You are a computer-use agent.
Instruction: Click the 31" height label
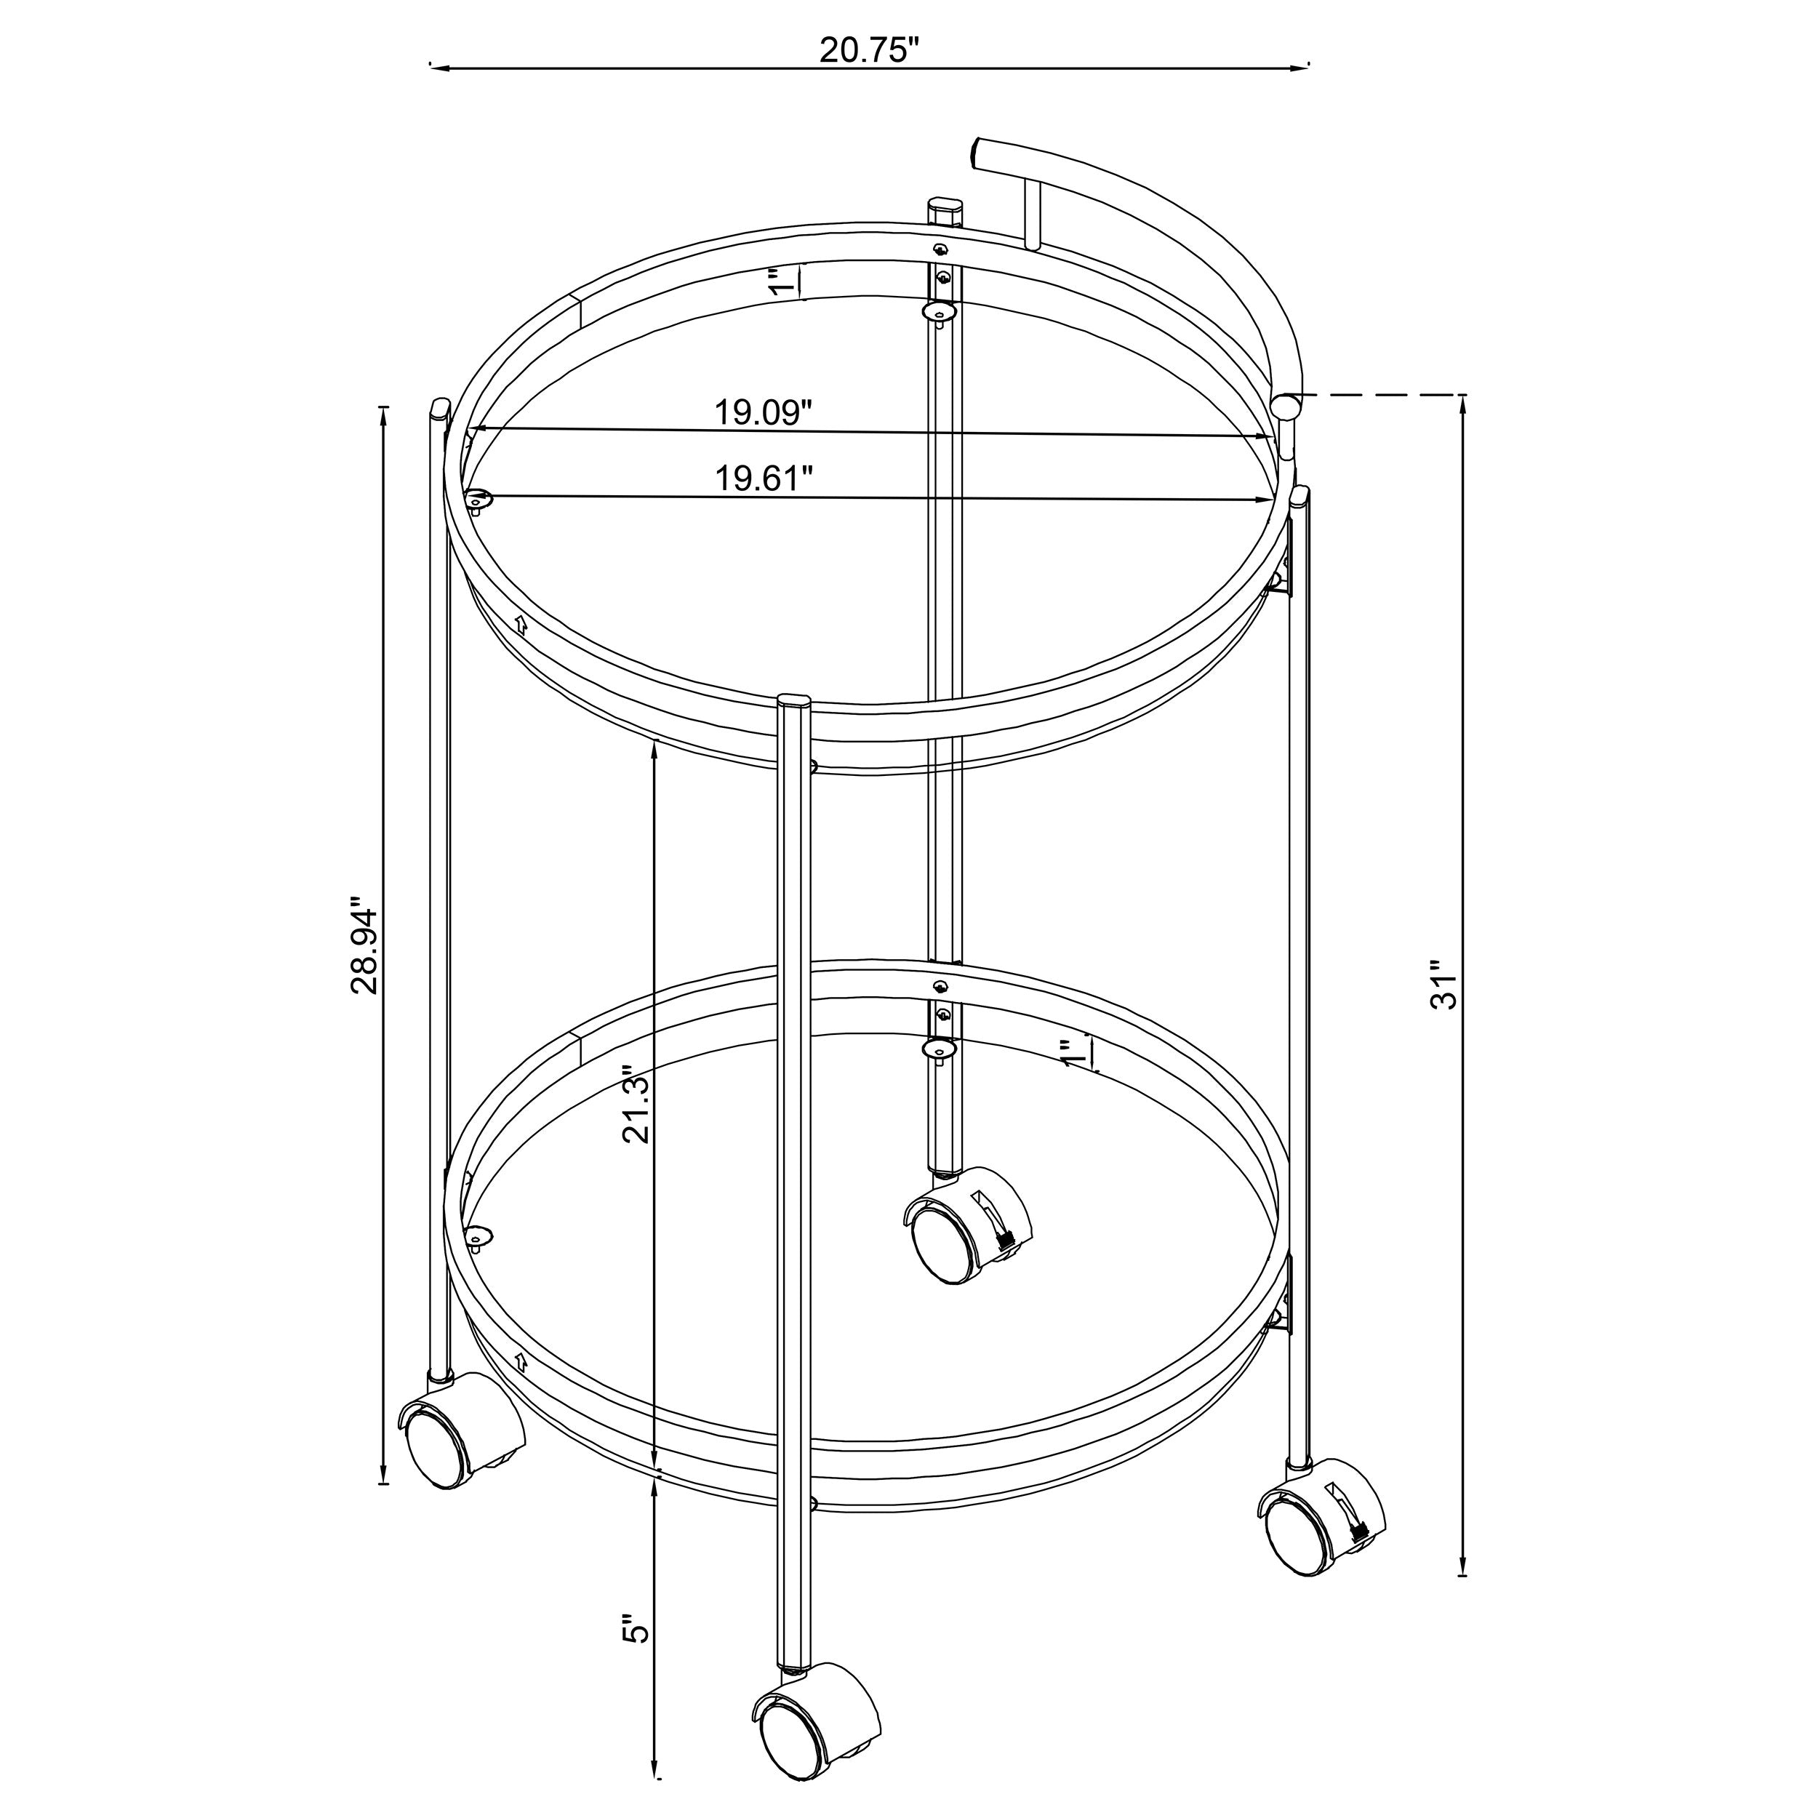pyautogui.click(x=1443, y=985)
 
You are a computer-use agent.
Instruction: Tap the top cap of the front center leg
pyautogui.click(x=794, y=700)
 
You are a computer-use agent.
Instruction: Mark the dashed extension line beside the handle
pyautogui.click(x=1379, y=395)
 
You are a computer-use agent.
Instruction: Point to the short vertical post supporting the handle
pyautogui.click(x=1033, y=215)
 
